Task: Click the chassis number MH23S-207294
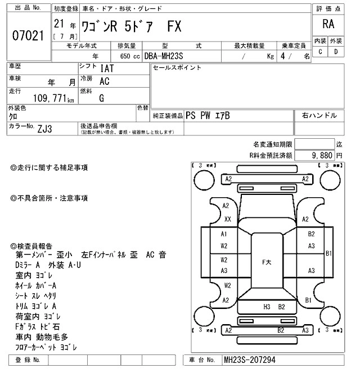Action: pyautogui.click(x=249, y=360)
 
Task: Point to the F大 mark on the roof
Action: pyautogui.click(x=268, y=261)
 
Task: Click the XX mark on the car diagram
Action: pyautogui.click(x=228, y=219)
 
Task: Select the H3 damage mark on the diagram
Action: pyautogui.click(x=267, y=307)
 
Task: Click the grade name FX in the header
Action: pyautogui.click(x=174, y=28)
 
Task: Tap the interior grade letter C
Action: pyautogui.click(x=320, y=52)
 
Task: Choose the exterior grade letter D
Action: pyautogui.click(x=336, y=52)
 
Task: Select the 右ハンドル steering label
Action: pyautogui.click(x=319, y=115)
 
